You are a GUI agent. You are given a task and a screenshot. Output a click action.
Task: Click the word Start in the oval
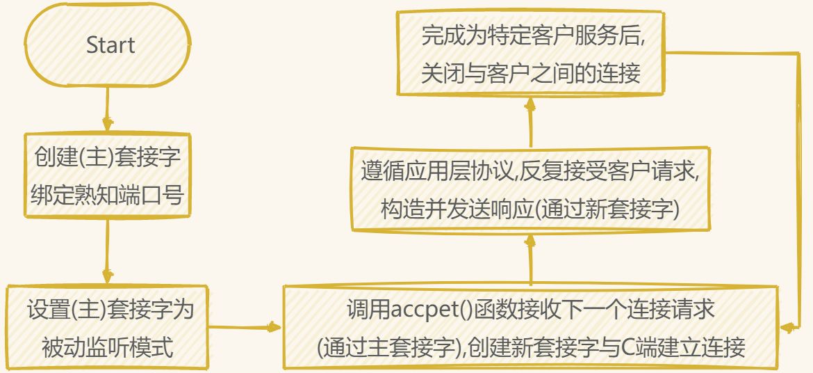[x=110, y=46]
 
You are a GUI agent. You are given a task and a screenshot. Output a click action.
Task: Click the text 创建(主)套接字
[x=108, y=157]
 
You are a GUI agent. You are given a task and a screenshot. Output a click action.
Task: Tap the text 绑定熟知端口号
[x=108, y=195]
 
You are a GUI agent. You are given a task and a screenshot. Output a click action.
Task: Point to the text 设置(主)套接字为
[x=110, y=310]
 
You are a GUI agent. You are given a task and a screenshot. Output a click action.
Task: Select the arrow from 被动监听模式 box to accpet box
[x=243, y=326]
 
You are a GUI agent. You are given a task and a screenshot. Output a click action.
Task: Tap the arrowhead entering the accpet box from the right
[x=787, y=326]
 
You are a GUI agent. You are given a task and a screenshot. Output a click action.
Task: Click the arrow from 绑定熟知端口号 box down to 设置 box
[x=108, y=251]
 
